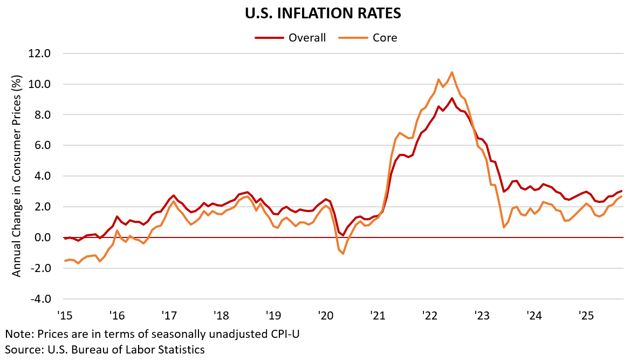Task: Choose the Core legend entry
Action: click(x=385, y=38)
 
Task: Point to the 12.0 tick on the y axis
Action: click(x=40, y=53)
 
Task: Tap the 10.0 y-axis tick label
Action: click(x=40, y=84)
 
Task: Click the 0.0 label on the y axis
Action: click(x=43, y=237)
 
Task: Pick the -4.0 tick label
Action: click(x=42, y=298)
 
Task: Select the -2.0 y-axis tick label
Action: click(x=42, y=268)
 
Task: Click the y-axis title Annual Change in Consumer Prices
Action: click(x=17, y=176)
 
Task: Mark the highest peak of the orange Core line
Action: click(x=452, y=72)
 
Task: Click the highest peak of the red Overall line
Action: click(x=452, y=98)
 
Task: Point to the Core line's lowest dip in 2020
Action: click(x=343, y=254)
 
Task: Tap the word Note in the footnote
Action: click(x=17, y=334)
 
